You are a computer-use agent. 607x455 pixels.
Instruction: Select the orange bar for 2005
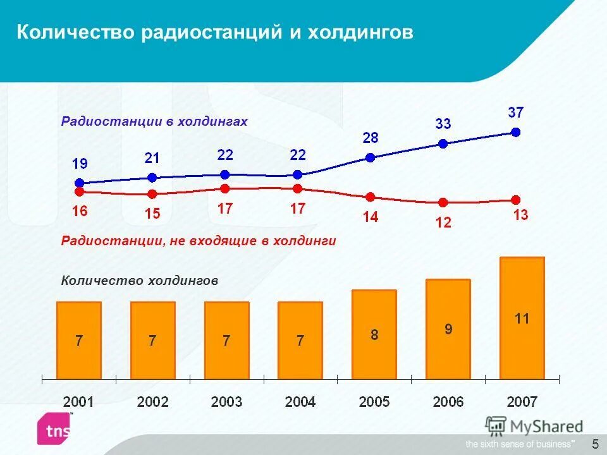pos(374,334)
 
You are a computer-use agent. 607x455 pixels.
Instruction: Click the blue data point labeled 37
pos(516,132)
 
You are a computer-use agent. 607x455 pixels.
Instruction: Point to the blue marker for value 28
pos(371,158)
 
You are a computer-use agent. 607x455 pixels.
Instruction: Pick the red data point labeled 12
pos(443,202)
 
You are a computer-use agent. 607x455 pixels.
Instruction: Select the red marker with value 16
pos(80,190)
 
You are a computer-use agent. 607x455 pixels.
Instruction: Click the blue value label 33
pos(443,124)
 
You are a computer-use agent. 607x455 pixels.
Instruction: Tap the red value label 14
pos(371,217)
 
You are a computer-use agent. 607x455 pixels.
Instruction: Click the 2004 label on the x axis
pos(300,402)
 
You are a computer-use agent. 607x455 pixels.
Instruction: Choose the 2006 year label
pos(448,402)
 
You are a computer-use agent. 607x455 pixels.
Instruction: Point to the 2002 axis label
pos(152,402)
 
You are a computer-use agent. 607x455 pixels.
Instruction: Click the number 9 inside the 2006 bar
pos(448,329)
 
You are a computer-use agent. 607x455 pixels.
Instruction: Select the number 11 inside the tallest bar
pos(522,319)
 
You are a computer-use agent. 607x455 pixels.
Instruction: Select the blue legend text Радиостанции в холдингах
pos(154,121)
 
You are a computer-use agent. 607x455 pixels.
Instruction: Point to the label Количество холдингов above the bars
pos(140,281)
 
